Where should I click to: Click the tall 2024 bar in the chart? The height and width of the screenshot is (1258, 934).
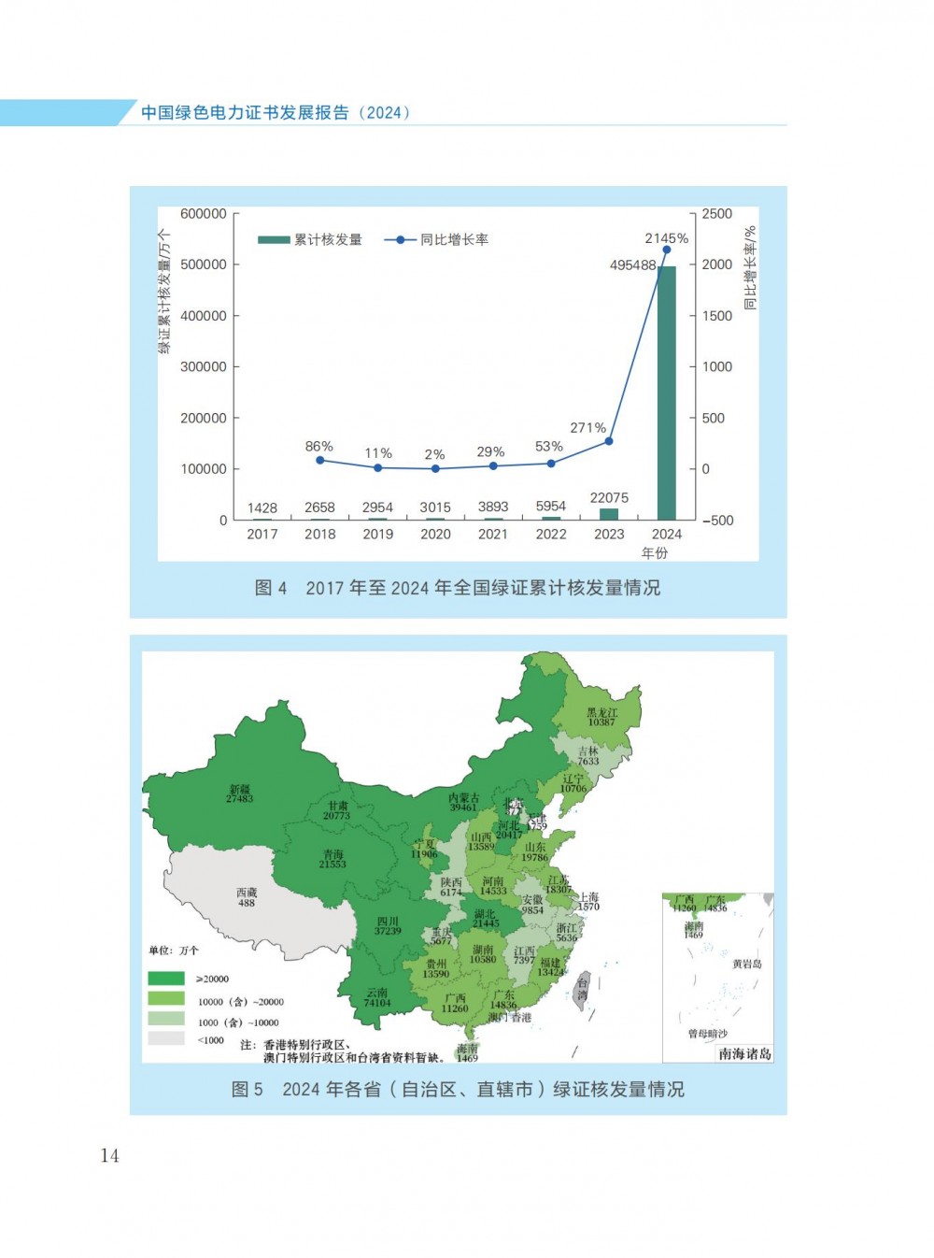pos(666,393)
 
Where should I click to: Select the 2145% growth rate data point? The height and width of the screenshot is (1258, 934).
pos(666,250)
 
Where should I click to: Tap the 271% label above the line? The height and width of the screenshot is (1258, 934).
pos(587,428)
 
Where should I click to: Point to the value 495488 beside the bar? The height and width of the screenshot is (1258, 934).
pos(632,265)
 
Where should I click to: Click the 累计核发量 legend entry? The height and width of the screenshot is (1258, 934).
pos(310,240)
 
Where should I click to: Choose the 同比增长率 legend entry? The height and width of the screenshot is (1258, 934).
pos(437,240)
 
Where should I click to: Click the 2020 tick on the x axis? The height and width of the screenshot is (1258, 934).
pos(435,535)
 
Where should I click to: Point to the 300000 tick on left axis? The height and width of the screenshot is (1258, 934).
pos(204,367)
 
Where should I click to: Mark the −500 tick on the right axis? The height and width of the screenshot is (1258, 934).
pos(716,521)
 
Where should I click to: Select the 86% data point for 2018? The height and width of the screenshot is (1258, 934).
pos(319,460)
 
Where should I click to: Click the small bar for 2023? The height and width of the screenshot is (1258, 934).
pos(609,514)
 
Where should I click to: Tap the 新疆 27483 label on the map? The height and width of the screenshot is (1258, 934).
pos(239,794)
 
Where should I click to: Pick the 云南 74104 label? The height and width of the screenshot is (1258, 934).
pos(377,998)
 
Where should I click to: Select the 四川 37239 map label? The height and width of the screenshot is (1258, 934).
pos(388,926)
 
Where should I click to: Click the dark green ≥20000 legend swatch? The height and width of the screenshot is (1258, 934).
pos(166,979)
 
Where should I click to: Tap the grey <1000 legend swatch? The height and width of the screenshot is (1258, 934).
pos(166,1038)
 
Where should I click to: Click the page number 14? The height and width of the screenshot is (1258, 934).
pos(109,1156)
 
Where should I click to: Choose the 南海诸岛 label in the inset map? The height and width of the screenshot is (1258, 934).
pos(744,1054)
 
